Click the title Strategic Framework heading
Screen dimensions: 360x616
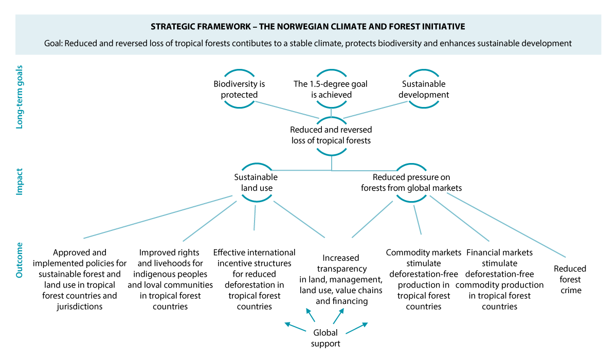point(307,26)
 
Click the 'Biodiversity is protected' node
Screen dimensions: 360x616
point(239,89)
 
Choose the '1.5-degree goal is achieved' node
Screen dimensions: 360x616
point(331,89)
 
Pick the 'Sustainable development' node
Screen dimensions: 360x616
point(424,89)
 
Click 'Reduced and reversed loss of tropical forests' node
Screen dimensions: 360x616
point(331,135)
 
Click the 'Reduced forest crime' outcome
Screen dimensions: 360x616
point(570,279)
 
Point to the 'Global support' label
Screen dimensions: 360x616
point(325,338)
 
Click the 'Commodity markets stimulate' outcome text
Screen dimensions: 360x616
point(423,279)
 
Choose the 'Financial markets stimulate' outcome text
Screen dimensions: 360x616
point(499,279)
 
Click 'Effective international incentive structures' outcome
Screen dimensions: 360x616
point(254,279)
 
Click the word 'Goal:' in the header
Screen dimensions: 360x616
point(53,44)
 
